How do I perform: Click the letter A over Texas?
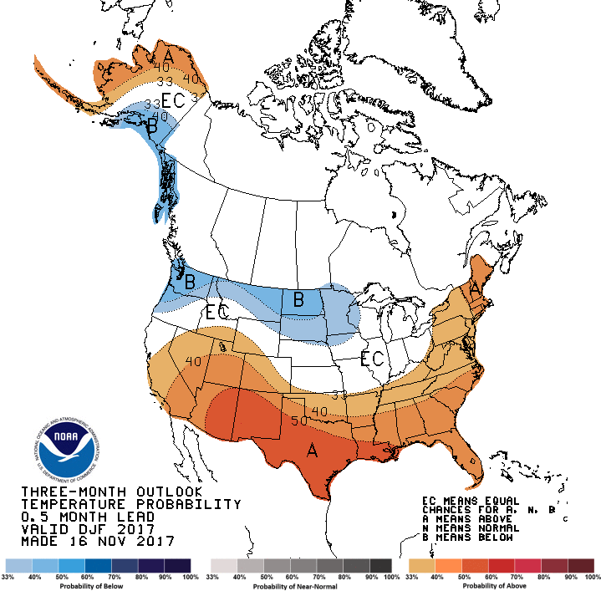click(312, 451)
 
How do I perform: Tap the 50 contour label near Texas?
click(298, 420)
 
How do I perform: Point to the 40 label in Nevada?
click(194, 362)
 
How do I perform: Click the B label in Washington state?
click(190, 283)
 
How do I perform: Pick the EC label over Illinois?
click(371, 359)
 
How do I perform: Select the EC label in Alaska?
click(172, 100)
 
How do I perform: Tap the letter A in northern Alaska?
click(169, 57)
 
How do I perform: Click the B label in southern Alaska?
click(151, 128)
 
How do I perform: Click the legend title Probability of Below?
click(99, 585)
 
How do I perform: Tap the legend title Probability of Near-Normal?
click(300, 585)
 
